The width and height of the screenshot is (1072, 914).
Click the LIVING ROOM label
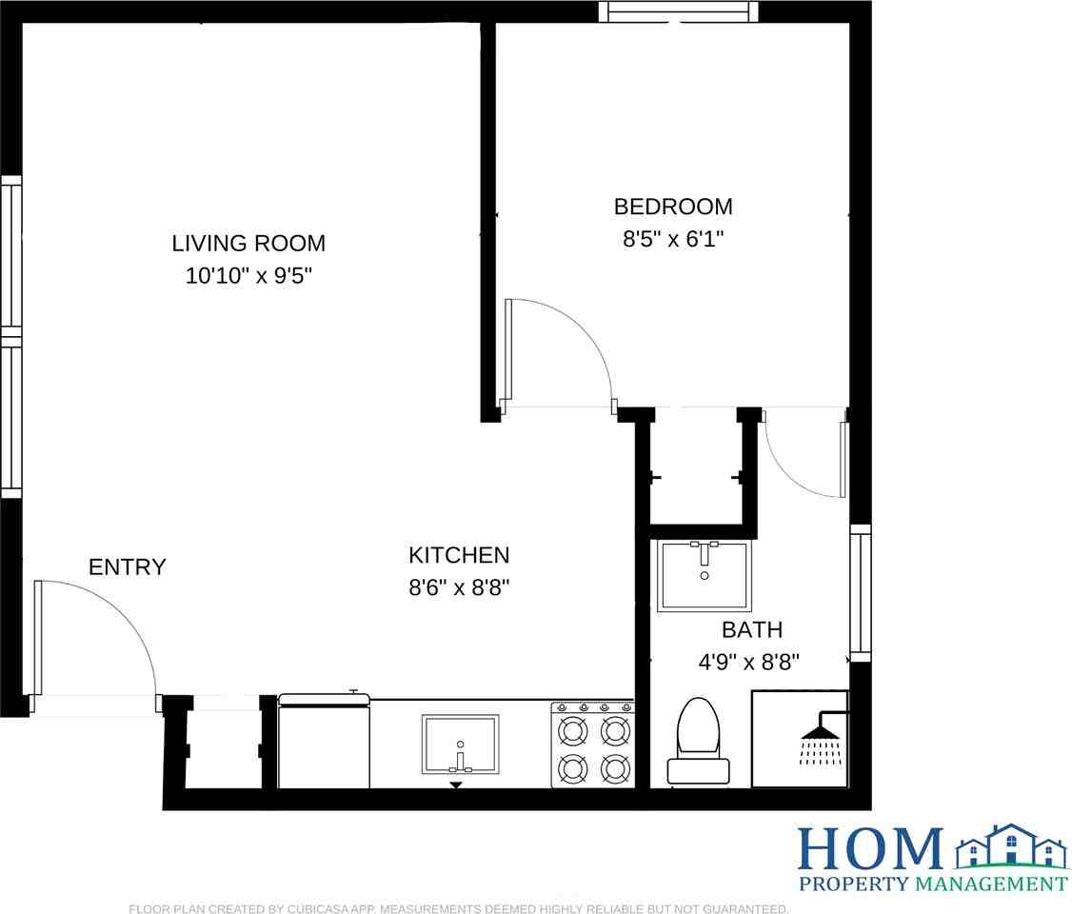click(248, 243)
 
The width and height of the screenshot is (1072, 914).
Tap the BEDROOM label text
click(673, 207)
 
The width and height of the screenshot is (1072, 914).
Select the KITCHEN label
click(459, 555)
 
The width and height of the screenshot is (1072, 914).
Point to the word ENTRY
click(128, 567)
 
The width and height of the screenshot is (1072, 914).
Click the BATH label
click(752, 629)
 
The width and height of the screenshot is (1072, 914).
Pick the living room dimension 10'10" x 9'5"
click(248, 277)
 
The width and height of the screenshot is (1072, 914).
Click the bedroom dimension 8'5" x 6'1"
click(673, 239)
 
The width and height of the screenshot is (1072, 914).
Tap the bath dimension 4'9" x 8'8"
click(749, 662)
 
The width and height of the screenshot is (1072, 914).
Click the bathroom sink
click(705, 575)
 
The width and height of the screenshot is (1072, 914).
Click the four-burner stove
click(592, 745)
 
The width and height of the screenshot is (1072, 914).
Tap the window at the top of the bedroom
click(679, 11)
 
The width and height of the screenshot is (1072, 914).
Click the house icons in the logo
click(1009, 846)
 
